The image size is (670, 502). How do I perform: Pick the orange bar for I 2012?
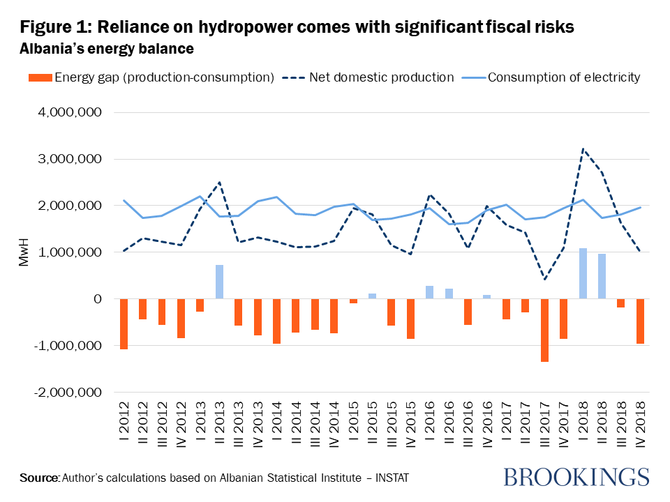click(x=124, y=324)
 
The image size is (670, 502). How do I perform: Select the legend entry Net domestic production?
click(x=381, y=77)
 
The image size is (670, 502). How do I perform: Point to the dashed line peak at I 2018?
click(x=583, y=149)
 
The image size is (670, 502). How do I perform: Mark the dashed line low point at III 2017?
click(x=544, y=280)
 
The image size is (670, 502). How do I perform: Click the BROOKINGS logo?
click(x=576, y=477)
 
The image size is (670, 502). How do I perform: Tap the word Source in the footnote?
click(x=39, y=478)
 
